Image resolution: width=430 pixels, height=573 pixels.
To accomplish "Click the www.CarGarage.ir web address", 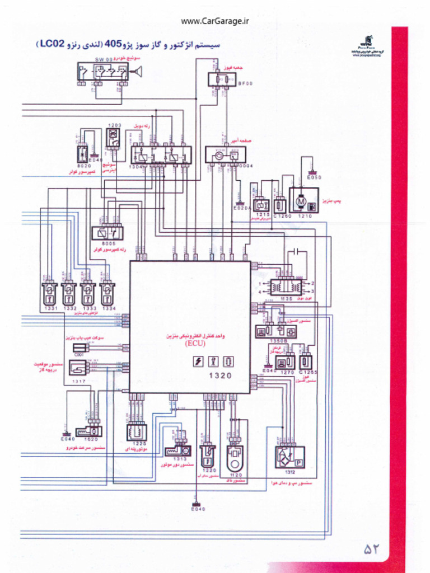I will [x=215, y=22].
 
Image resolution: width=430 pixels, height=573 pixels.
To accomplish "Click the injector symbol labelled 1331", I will [x=49, y=292].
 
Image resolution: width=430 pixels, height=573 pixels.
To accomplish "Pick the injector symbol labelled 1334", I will [x=107, y=292].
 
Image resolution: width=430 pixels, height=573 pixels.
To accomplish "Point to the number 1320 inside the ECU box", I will [x=220, y=376].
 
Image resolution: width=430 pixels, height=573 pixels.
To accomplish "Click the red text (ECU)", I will [x=195, y=345].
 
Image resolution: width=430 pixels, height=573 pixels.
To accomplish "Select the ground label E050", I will [x=315, y=178].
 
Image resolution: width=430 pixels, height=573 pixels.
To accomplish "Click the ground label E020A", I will [x=242, y=208].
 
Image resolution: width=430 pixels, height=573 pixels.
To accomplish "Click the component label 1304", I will [x=136, y=167].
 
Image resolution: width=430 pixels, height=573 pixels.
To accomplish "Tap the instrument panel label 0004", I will [x=246, y=166].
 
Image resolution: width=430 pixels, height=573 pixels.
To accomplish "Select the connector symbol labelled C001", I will [x=80, y=347].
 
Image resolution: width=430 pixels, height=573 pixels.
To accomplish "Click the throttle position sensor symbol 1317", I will [x=78, y=367].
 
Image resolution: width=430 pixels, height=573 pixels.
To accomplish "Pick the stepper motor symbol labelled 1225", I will [x=137, y=431].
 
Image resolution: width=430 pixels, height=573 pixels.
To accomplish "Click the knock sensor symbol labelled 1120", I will [x=235, y=458].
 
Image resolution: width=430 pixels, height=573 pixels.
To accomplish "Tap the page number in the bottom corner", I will [x=372, y=549].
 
